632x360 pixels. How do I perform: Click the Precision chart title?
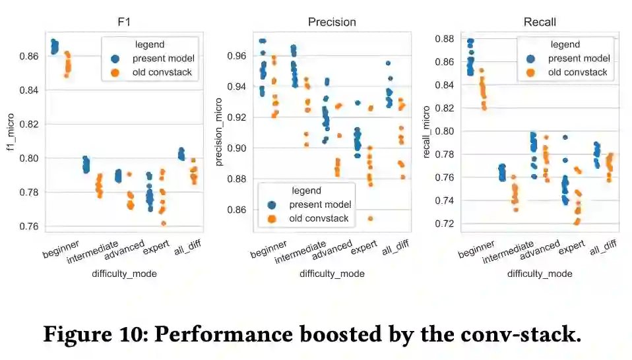pyautogui.click(x=332, y=22)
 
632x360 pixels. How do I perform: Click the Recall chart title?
pyautogui.click(x=539, y=22)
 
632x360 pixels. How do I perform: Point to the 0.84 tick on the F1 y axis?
pyautogui.click(x=29, y=90)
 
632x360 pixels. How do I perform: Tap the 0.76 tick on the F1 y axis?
pyautogui.click(x=29, y=226)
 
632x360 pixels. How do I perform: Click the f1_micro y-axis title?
pyautogui.click(x=10, y=131)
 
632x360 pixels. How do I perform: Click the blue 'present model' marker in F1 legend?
pyautogui.click(x=115, y=59)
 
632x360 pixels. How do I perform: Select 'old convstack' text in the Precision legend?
pyautogui.click(x=319, y=218)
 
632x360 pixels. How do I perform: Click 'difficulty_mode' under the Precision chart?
pyautogui.click(x=332, y=274)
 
